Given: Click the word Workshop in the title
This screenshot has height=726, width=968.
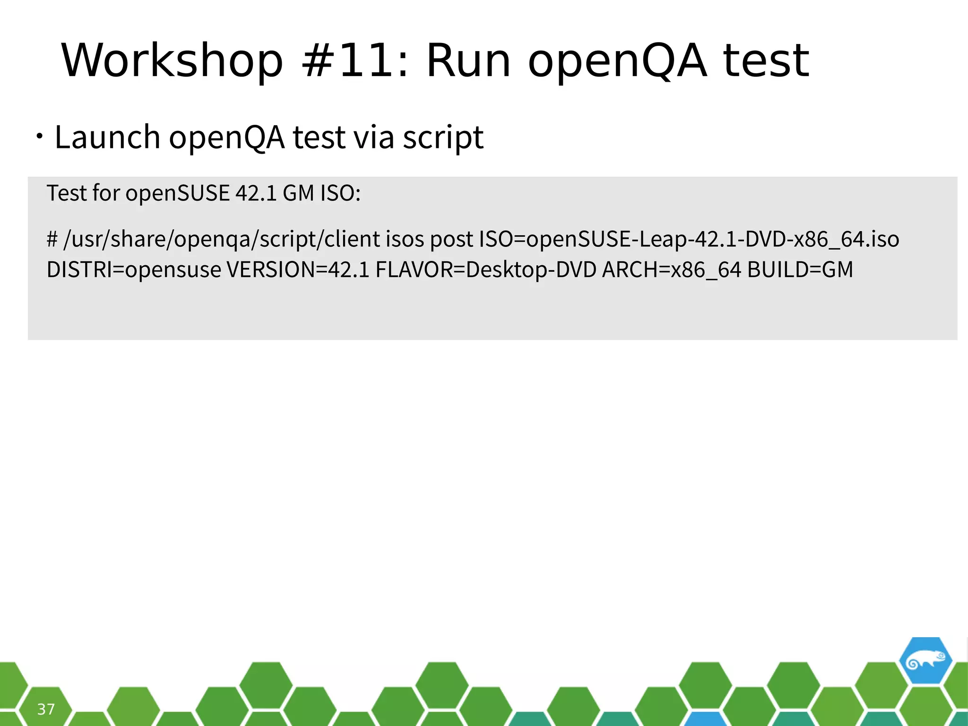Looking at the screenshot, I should pos(172,61).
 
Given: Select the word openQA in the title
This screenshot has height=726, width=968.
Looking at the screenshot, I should pos(617,62).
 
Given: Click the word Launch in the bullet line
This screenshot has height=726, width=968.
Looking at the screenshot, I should pos(107,138).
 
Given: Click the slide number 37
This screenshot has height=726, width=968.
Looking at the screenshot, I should pos(46,709).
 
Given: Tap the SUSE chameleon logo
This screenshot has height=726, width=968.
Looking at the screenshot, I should pos(925,661).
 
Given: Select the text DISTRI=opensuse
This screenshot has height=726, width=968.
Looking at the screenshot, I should pos(134,270).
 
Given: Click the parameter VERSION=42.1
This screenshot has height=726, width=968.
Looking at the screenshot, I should pos(298,270).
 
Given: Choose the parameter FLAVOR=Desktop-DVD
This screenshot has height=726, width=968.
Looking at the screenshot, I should pos(486,270).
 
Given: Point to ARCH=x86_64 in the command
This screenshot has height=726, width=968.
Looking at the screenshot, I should pos(671,270).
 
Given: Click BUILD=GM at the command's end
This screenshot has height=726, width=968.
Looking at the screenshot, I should pos(800,270).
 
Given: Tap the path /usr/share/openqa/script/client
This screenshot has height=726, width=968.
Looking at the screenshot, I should pos(221,239).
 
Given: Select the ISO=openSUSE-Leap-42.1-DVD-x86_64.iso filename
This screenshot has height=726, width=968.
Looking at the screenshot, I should pos(689,239).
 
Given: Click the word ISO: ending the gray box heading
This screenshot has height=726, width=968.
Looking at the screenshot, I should pos(340,193).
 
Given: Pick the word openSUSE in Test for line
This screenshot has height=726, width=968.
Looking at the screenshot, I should pos(177,193).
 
